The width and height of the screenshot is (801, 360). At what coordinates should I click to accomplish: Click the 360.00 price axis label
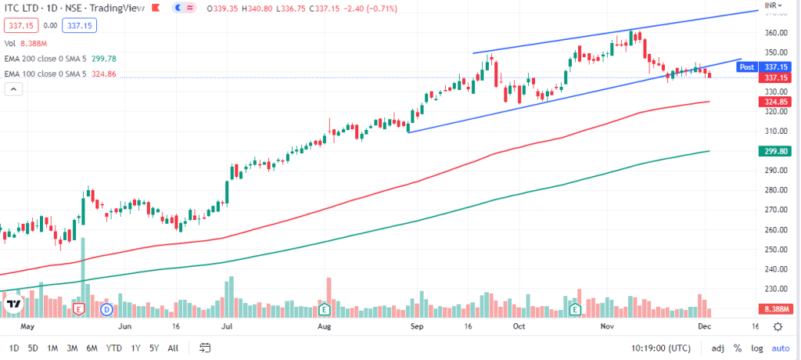tap(774, 33)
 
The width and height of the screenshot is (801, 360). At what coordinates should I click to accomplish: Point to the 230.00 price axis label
tap(774, 289)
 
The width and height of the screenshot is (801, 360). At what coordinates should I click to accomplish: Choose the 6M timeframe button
tap(92, 347)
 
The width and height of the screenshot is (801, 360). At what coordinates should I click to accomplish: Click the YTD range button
tap(113, 347)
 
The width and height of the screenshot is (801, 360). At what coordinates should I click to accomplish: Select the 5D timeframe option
tap(32, 347)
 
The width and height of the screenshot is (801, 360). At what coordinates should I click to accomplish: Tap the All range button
tap(173, 347)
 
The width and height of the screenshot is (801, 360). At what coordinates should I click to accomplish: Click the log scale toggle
tap(756, 347)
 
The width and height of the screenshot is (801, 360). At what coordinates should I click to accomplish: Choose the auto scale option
tap(780, 347)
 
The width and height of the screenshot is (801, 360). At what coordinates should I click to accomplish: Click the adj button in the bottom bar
tap(717, 347)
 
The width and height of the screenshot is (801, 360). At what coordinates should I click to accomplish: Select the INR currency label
tap(770, 5)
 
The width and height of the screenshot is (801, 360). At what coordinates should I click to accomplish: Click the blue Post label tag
tap(747, 67)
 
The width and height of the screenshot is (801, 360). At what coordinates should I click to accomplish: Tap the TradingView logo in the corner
tap(13, 303)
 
